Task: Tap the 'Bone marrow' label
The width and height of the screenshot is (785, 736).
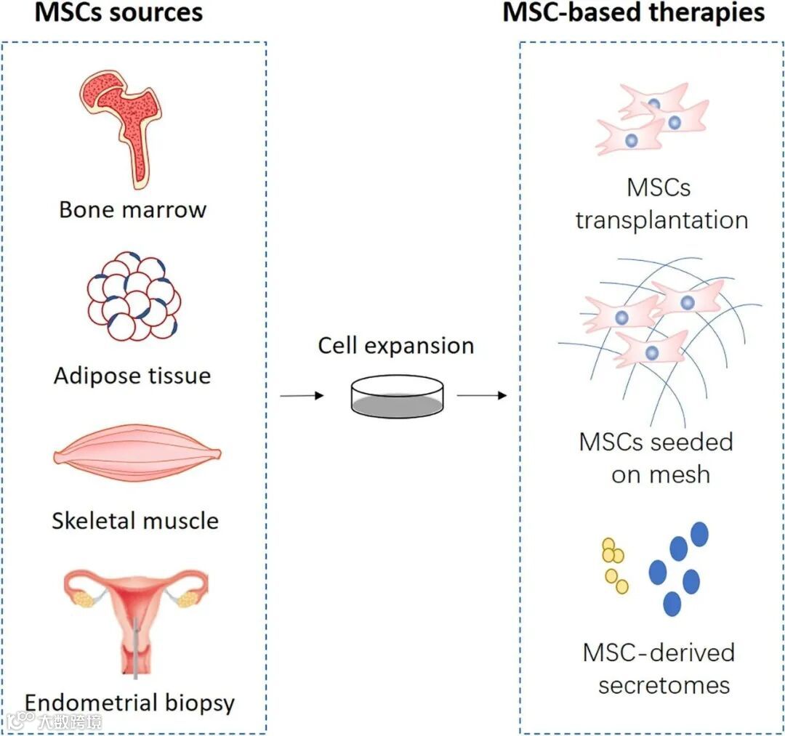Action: (133, 210)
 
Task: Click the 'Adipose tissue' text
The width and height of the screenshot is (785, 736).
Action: (132, 376)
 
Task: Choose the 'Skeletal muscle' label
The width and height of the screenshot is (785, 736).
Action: (135, 521)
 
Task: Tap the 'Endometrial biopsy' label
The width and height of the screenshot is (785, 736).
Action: (130, 703)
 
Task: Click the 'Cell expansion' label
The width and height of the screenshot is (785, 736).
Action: (396, 345)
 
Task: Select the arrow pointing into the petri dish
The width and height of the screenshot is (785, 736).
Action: (302, 396)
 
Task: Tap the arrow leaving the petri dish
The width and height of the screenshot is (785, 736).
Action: (483, 396)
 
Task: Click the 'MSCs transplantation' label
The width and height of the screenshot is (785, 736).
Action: (661, 204)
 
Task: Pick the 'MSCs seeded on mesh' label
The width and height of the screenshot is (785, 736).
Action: (656, 458)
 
